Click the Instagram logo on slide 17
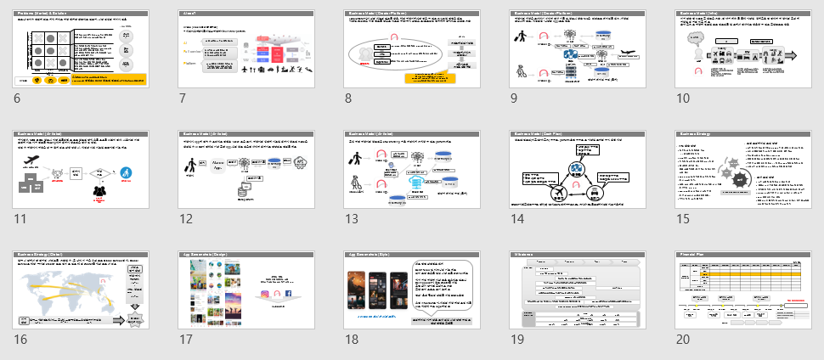265,293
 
